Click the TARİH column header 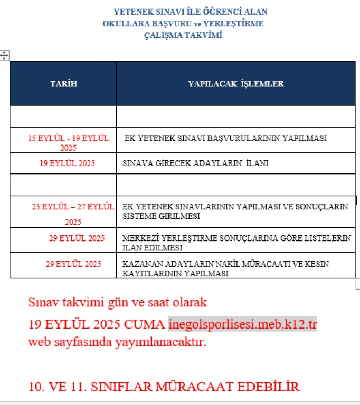[x=63, y=84]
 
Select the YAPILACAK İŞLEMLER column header [x=236, y=84]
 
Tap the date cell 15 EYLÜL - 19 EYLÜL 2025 [x=68, y=143]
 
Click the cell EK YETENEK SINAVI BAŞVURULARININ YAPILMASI [x=225, y=138]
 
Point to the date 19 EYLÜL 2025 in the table [x=67, y=163]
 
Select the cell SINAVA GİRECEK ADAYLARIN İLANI [x=195, y=163]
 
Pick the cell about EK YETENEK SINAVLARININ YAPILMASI [x=235, y=211]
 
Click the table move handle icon [x=4, y=55]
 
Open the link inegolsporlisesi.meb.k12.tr [x=242, y=323]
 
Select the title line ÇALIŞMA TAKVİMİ [x=183, y=36]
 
